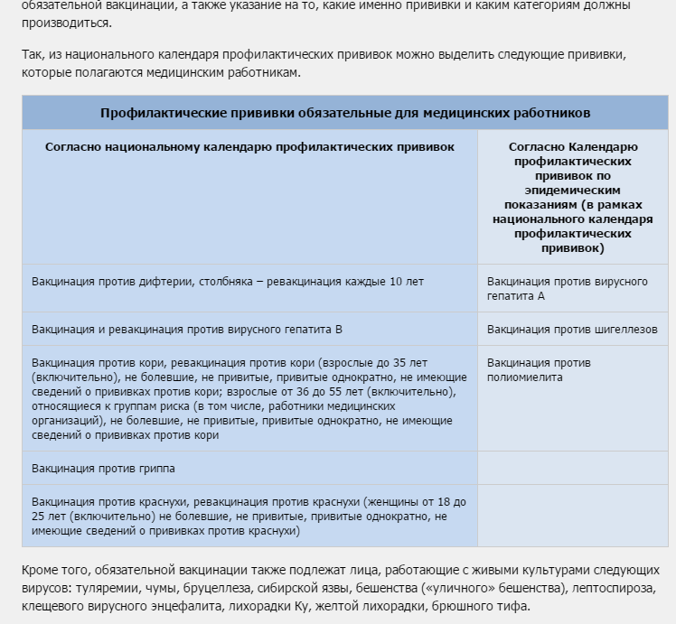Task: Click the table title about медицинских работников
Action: pos(345,113)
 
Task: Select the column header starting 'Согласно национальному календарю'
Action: pos(249,146)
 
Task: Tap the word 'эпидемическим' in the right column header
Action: pos(572,191)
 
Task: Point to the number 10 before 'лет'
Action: pos(396,282)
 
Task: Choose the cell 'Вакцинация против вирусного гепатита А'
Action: pos(567,289)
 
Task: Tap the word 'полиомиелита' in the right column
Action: pos(524,377)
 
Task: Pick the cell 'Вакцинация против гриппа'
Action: pos(103,469)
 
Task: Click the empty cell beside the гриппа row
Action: pos(572,469)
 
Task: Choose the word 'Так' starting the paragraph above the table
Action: pos(33,55)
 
